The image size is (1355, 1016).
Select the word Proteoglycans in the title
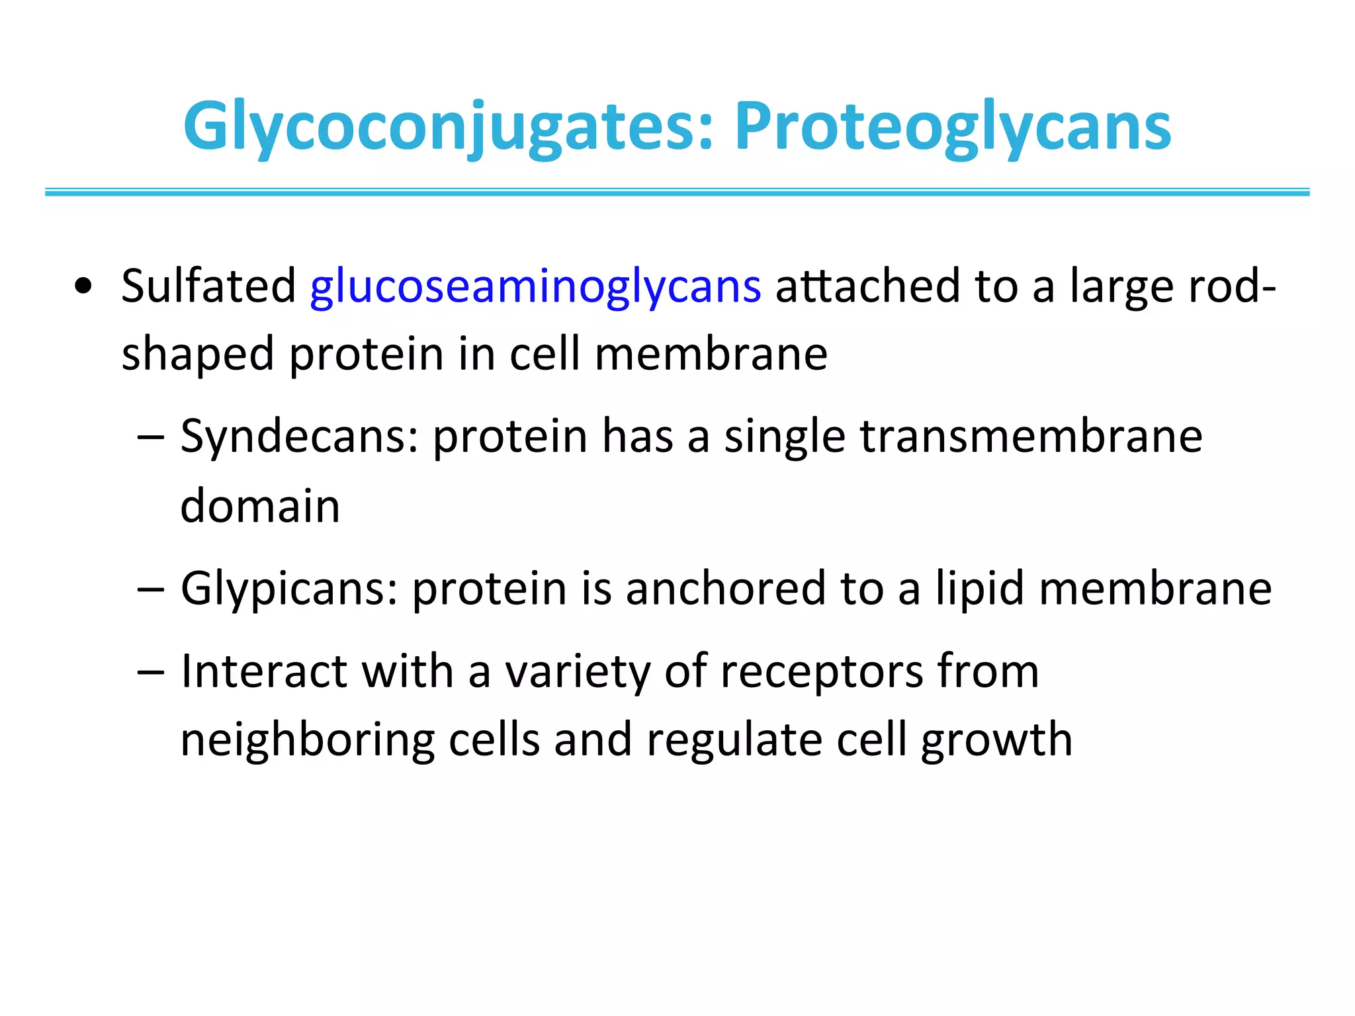coord(952,127)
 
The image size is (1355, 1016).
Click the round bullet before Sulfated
coord(84,287)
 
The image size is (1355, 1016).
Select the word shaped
coord(198,355)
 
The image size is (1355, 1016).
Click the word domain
coord(260,506)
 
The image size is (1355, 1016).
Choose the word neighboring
coord(307,740)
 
